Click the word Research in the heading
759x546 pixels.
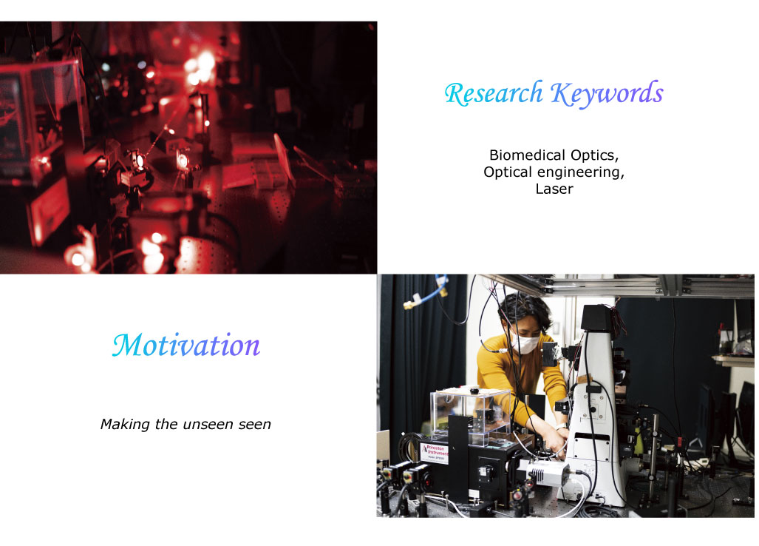pyautogui.click(x=494, y=93)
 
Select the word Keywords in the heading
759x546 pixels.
pyautogui.click(x=607, y=93)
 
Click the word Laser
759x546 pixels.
pyautogui.click(x=554, y=189)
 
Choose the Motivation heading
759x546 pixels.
pyautogui.click(x=186, y=346)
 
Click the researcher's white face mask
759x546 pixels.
pyautogui.click(x=525, y=343)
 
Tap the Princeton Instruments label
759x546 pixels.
pyautogui.click(x=435, y=453)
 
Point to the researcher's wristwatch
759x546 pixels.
pyautogui.click(x=561, y=427)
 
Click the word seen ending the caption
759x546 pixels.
pyautogui.click(x=255, y=425)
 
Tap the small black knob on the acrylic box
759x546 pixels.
pyautogui.click(x=474, y=388)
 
